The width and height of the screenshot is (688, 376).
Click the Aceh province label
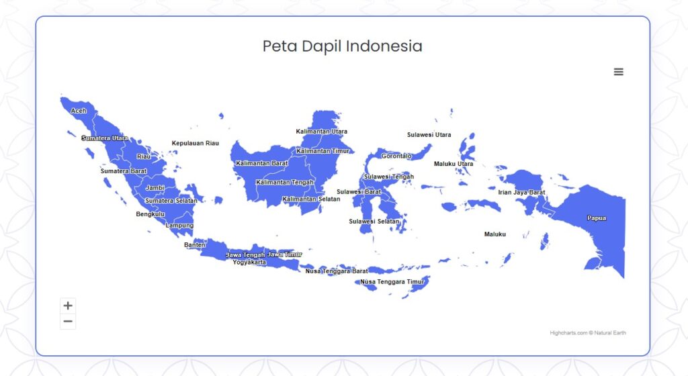click(79, 111)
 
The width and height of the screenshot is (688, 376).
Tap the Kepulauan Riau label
click(196, 143)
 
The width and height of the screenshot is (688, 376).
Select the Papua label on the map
click(597, 218)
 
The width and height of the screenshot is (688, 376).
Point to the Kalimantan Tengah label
click(285, 183)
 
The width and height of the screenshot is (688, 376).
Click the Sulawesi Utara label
click(429, 135)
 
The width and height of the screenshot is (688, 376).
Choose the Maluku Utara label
click(454, 164)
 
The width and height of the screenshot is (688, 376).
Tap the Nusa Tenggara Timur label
click(392, 282)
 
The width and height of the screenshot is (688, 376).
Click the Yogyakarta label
click(249, 263)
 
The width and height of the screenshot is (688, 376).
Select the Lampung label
click(179, 225)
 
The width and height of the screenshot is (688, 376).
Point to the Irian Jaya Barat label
click(521, 193)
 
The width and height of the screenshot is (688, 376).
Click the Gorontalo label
click(396, 156)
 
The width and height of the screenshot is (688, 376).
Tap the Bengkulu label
click(150, 214)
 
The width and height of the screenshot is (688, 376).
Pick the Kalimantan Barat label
click(262, 163)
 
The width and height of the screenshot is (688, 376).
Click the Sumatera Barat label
click(124, 171)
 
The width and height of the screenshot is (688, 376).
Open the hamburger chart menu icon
click(618, 72)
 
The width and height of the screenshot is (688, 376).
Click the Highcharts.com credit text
click(568, 333)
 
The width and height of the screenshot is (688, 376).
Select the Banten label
click(194, 245)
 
